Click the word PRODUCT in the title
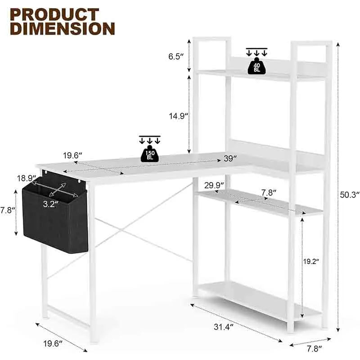click(x=55, y=15)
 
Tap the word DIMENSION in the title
click(x=63, y=29)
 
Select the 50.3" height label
click(x=350, y=194)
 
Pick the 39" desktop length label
click(x=230, y=158)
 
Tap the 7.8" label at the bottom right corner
click(x=314, y=348)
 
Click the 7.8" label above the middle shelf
click(x=269, y=193)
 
